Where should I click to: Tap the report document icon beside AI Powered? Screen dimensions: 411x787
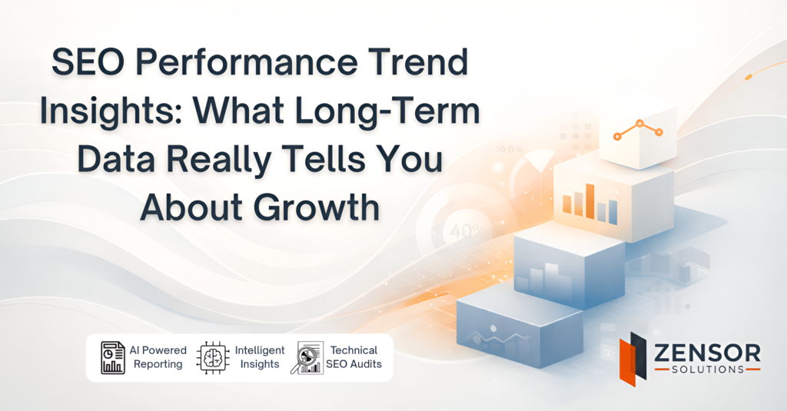pyautogui.click(x=113, y=358)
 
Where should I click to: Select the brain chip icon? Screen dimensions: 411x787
pyautogui.click(x=214, y=358)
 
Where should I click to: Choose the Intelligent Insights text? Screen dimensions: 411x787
pyautogui.click(x=259, y=357)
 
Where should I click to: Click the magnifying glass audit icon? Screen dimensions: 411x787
pyautogui.click(x=307, y=358)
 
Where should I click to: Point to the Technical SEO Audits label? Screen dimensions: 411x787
pyautogui.click(x=354, y=357)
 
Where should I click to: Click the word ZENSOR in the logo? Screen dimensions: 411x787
pyautogui.click(x=706, y=353)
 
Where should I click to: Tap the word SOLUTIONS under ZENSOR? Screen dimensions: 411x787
pyautogui.click(x=706, y=370)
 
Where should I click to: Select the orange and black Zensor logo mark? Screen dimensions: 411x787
pyautogui.click(x=634, y=356)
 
